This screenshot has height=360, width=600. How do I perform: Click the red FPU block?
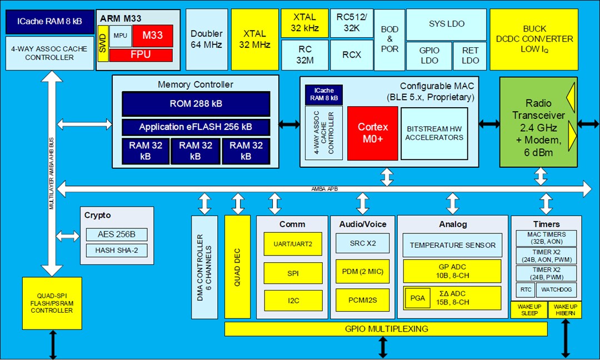tap(141, 55)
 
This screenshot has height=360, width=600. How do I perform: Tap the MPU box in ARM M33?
tap(119, 36)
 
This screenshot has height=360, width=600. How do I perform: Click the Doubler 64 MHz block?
tap(206, 39)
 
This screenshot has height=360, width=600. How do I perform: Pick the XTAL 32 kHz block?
tap(305, 23)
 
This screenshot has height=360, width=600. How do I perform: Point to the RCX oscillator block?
tap(352, 55)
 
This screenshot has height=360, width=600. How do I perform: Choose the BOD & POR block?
tap(389, 39)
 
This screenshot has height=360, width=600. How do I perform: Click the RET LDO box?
tap(470, 56)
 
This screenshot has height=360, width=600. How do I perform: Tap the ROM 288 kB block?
tap(196, 104)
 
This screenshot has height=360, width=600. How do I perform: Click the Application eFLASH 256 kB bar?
tap(196, 127)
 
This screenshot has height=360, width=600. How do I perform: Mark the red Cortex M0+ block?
tap(372, 133)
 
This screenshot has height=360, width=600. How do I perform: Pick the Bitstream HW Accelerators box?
tap(434, 133)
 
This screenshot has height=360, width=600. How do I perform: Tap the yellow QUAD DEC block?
tap(237, 267)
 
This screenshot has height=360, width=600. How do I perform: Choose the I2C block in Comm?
tap(293, 301)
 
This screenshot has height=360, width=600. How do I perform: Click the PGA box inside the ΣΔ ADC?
tap(417, 298)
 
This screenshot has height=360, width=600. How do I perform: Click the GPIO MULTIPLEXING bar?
tap(387, 329)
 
